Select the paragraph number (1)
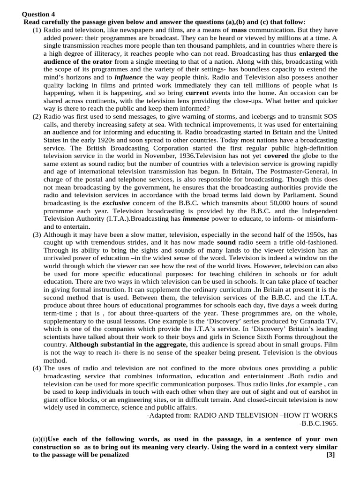point(37,30)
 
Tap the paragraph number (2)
point(37,116)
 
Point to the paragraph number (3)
point(37,234)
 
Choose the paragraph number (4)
point(37,368)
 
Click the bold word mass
point(240,30)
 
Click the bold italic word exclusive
point(117,202)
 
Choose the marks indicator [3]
point(331,455)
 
